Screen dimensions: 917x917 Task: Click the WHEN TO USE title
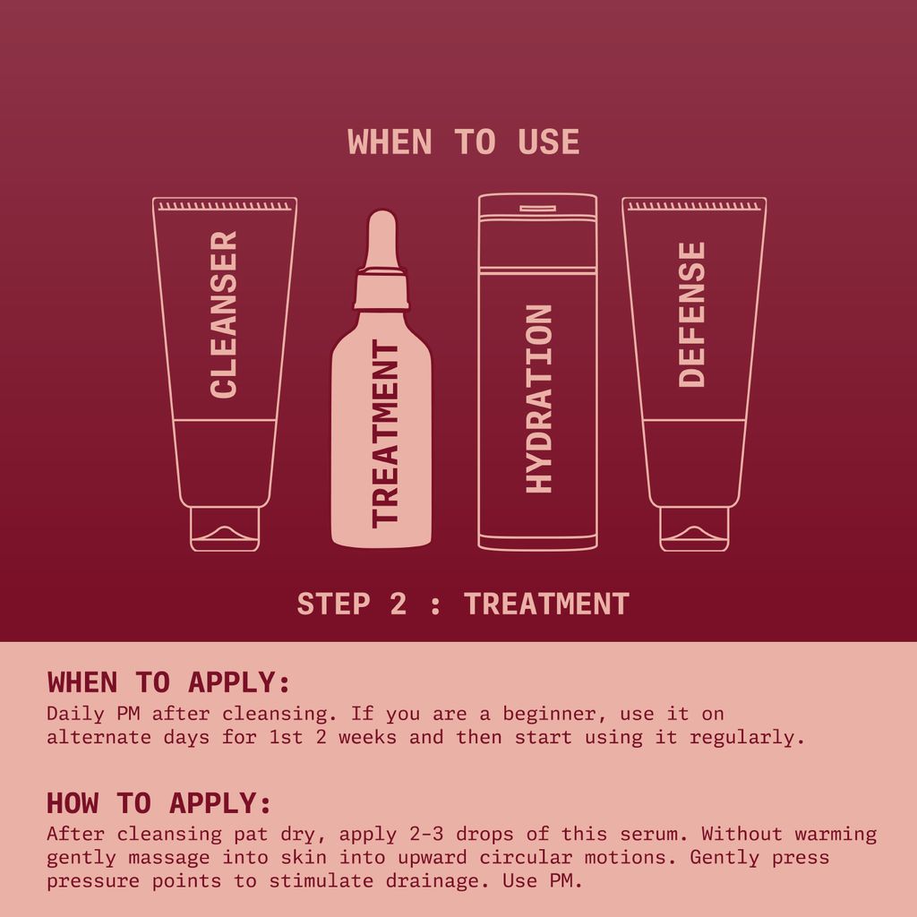tap(463, 142)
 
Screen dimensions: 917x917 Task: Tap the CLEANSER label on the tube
tap(224, 314)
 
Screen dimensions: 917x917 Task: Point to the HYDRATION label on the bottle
tap(538, 399)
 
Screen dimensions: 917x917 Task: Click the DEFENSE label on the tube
tap(692, 314)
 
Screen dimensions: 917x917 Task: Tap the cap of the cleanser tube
tap(225, 528)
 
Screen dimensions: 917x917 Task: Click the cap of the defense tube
tap(694, 528)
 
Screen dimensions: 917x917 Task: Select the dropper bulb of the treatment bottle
tap(381, 237)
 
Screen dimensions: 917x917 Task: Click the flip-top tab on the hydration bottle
tap(537, 208)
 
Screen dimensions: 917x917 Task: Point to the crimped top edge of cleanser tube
tap(225, 206)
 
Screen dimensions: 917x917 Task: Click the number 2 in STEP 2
tap(398, 604)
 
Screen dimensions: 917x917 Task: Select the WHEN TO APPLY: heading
tap(168, 682)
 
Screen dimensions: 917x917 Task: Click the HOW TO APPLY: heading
tap(159, 801)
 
